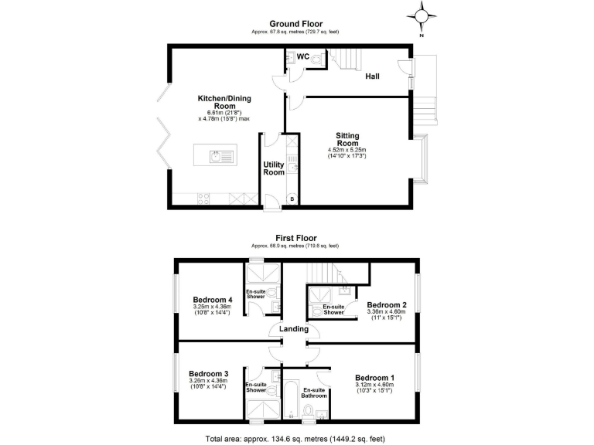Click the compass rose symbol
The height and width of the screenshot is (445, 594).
[421, 15]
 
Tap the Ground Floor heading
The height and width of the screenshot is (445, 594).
[295, 24]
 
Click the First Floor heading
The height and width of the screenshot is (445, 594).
[295, 239]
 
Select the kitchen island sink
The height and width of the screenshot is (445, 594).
[220, 158]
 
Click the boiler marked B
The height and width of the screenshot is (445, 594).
[291, 199]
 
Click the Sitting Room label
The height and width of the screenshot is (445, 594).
[347, 138]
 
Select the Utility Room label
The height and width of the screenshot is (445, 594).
[274, 168]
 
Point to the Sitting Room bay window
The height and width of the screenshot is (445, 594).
[420, 159]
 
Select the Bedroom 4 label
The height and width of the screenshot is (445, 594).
[213, 300]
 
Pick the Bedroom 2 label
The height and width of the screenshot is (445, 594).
[386, 304]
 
